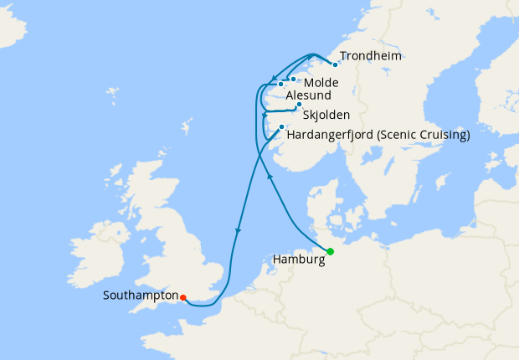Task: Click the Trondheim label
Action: (x=371, y=56)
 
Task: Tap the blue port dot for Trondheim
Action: (x=335, y=64)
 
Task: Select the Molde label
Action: (x=321, y=83)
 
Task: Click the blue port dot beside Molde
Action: (x=293, y=80)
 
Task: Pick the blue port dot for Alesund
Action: (x=280, y=85)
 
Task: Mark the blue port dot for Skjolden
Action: (x=299, y=105)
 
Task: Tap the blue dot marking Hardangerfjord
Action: (x=281, y=127)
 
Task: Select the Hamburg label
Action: (x=299, y=260)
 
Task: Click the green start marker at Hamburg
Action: (x=330, y=251)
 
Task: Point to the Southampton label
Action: (x=141, y=296)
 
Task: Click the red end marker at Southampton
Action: (x=182, y=296)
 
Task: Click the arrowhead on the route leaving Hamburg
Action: (x=269, y=177)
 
